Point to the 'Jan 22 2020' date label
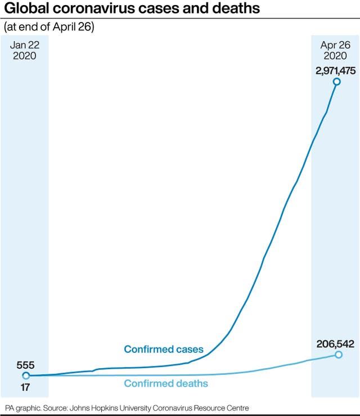coord(25,51)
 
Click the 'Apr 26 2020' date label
coord(336,51)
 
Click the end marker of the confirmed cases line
coord(337,82)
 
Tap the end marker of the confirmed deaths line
coord(338,355)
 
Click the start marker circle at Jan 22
coord(26,375)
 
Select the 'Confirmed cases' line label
coord(164,350)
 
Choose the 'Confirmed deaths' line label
coord(166,384)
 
